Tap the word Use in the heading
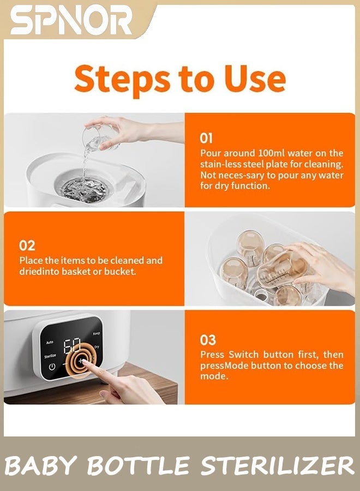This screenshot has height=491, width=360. coord(255,79)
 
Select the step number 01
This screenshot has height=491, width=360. coord(206,138)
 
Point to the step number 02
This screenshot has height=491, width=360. coord(27,246)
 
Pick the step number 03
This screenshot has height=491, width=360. coord(208,340)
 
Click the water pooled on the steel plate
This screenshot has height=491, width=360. coord(85,189)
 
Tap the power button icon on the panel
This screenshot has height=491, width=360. coord(52,367)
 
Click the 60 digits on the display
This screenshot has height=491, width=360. coord(73,345)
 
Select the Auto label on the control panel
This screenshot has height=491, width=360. coord(50,342)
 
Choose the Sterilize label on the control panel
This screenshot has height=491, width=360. coord(50,356)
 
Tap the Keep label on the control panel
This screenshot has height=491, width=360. coord(97,333)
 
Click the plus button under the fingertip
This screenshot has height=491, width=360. coord(81,361)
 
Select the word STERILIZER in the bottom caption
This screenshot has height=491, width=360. coord(277,466)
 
